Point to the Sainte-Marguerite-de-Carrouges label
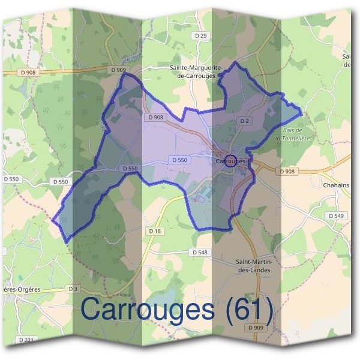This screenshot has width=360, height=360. pyautogui.click(x=198, y=73)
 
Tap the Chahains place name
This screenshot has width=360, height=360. pyautogui.click(x=336, y=185)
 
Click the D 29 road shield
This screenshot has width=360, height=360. pyautogui.click(x=202, y=37)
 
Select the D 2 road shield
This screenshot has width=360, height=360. pyautogui.click(x=244, y=121)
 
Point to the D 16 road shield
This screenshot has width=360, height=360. pyautogui.click(x=155, y=230)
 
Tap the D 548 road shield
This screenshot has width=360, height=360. pyautogui.click(x=199, y=253)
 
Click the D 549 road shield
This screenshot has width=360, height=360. pyautogui.click(x=337, y=215)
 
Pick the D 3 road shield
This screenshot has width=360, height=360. pyautogui.click(x=73, y=289)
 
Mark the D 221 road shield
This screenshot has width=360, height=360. pyautogui.click(x=26, y=340)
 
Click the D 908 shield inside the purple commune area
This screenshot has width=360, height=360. pyautogui.click(x=155, y=118)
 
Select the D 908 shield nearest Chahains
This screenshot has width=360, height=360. pyautogui.click(x=287, y=171)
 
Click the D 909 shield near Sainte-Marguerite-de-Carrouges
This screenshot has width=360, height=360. pyautogui.click(x=119, y=70)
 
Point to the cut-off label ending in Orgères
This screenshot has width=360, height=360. pyautogui.click(x=21, y=289)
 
